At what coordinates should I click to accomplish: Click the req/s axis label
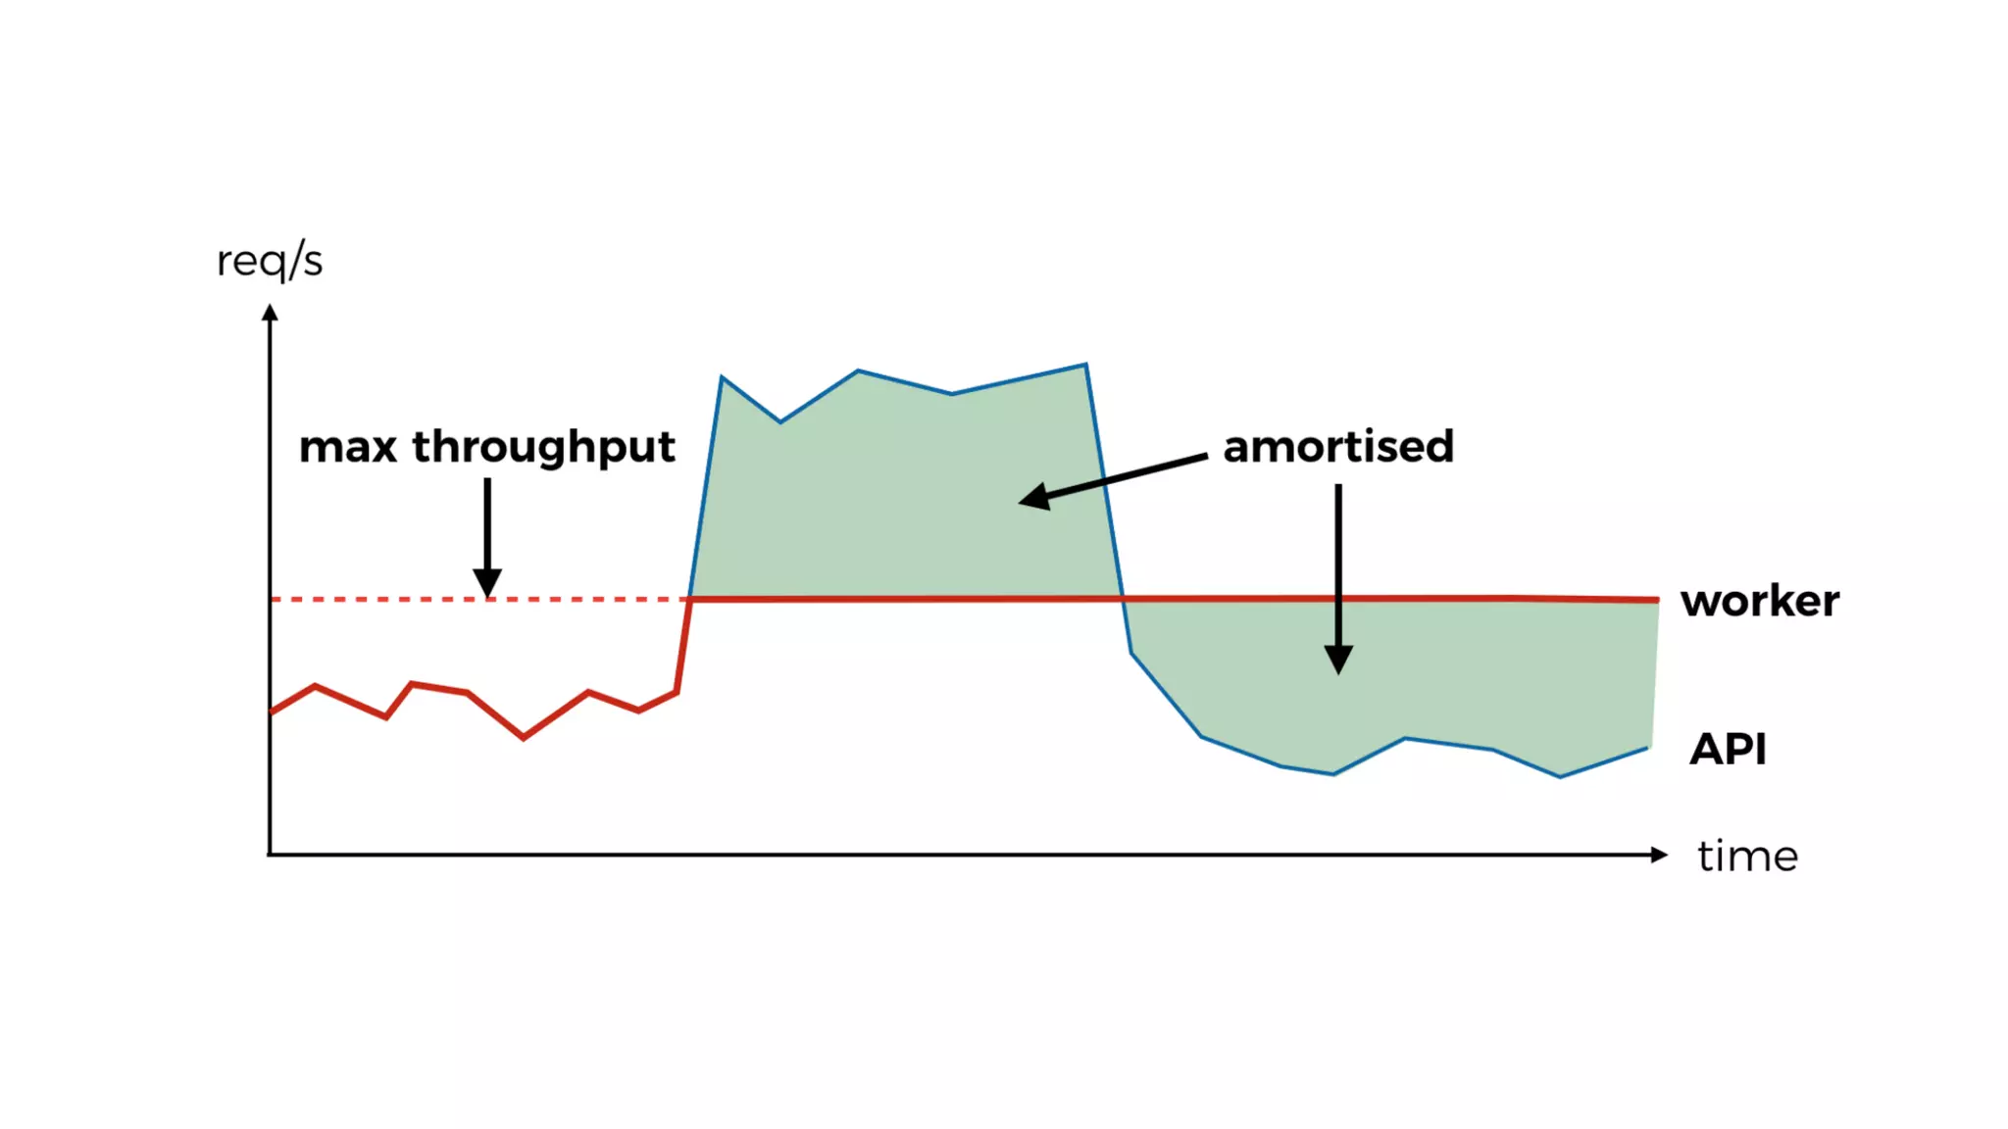click(270, 262)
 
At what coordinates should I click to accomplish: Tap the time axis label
click(1747, 857)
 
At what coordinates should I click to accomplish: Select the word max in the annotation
click(348, 447)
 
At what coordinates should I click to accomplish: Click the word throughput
click(543, 449)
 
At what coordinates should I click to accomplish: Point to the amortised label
click(1338, 447)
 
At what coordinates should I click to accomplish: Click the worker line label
click(1760, 601)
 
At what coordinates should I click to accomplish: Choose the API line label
click(1728, 750)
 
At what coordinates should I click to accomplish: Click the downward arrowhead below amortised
click(1338, 659)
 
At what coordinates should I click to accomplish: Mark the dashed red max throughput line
click(392, 599)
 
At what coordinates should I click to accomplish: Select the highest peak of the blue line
click(1085, 365)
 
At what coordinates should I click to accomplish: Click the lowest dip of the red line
click(524, 737)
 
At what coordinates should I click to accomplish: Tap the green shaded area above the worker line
click(902, 500)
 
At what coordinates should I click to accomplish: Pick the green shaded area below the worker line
click(1422, 676)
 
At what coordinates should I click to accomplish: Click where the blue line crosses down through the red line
click(1124, 598)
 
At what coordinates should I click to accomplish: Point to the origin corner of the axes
click(270, 855)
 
